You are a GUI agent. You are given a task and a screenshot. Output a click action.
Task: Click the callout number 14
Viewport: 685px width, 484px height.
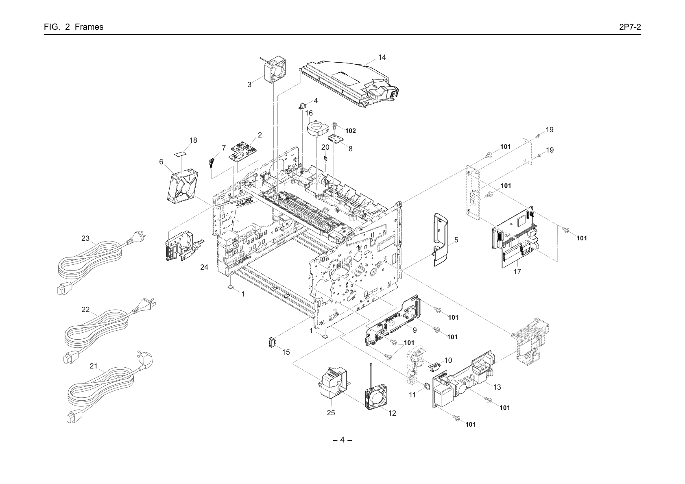(x=382, y=57)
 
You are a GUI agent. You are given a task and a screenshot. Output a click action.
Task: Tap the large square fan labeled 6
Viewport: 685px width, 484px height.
(x=183, y=185)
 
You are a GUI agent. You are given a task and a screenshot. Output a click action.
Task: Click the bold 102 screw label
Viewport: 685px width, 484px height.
(x=351, y=131)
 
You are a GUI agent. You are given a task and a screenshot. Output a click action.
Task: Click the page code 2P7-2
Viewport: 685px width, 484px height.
(x=630, y=27)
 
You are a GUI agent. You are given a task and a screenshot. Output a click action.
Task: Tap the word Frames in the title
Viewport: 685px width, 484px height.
(x=89, y=27)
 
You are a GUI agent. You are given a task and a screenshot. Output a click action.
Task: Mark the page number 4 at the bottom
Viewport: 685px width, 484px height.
(x=342, y=440)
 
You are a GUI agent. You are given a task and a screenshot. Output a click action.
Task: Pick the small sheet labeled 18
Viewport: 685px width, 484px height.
(x=181, y=153)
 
